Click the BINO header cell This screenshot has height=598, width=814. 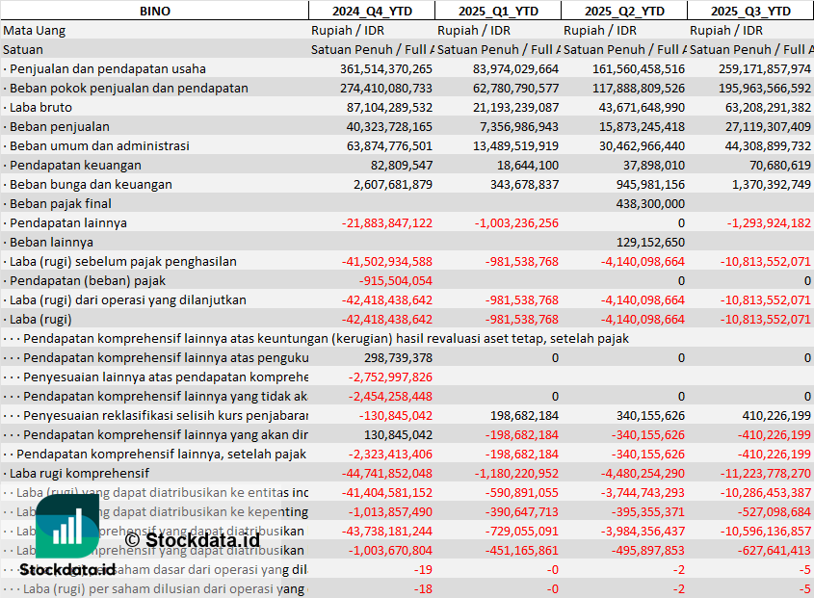pos(154,11)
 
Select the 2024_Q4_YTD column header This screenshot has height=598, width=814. pos(371,11)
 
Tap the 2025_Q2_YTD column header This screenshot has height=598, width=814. pos(624,11)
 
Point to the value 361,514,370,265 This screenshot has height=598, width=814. pos(386,68)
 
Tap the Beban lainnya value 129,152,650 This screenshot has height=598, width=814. pos(649,242)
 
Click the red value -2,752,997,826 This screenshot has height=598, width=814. pos(390,377)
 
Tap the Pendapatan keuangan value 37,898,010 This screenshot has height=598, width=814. pos(653,165)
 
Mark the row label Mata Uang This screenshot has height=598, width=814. pos(35,30)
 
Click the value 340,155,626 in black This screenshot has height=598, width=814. pos(649,415)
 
